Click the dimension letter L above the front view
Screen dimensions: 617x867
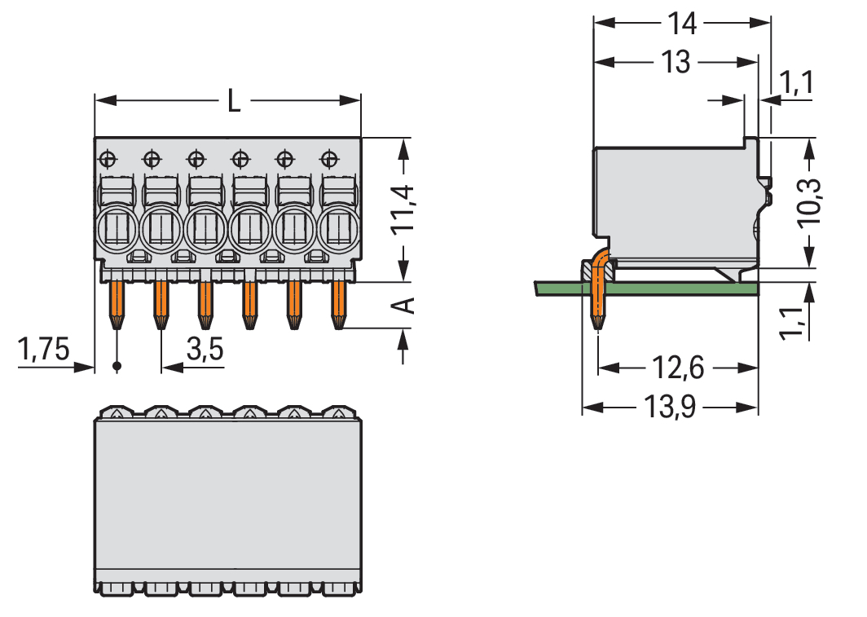pos(234,102)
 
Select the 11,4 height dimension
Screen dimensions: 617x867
pos(403,209)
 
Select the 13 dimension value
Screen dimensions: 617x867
pos(676,62)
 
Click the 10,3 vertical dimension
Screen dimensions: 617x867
pos(809,202)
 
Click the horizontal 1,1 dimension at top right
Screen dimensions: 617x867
pos(797,82)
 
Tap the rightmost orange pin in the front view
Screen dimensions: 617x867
pos(337,305)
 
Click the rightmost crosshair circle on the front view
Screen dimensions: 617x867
pos(328,156)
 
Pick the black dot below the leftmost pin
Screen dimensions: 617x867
pos(117,367)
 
